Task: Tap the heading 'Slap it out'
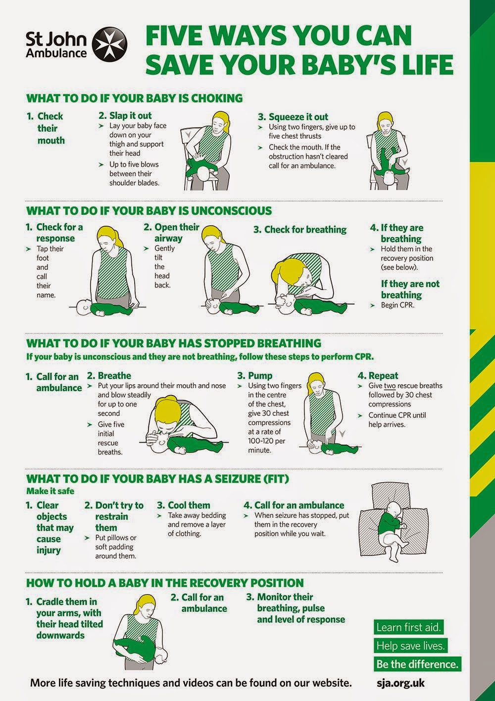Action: [x=130, y=115]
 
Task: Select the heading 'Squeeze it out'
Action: [x=298, y=117]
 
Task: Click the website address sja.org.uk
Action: [x=400, y=683]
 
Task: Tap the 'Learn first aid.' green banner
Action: [x=409, y=627]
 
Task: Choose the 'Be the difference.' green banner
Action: [x=417, y=664]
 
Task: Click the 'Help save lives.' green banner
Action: [x=410, y=646]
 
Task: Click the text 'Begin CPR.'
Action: [x=397, y=305]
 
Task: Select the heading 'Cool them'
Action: [x=189, y=505]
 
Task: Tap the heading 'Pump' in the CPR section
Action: [x=260, y=376]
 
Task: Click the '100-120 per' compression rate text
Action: [x=267, y=441]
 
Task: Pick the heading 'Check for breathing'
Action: [x=305, y=230]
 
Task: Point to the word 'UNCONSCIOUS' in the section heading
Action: [x=231, y=211]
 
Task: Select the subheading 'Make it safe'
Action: [x=50, y=491]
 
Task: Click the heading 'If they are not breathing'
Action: [x=410, y=289]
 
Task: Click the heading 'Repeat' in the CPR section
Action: [x=383, y=376]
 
